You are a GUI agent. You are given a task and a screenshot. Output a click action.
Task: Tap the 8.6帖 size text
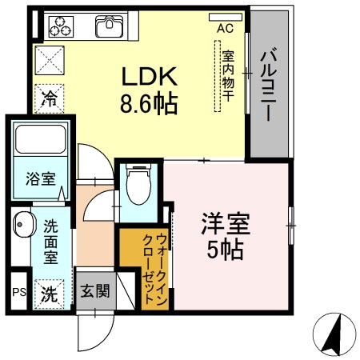[x=149, y=103]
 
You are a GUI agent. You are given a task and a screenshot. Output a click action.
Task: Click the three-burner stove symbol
[x=59, y=27]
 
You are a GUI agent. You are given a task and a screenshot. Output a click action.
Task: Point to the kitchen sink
[x=108, y=27]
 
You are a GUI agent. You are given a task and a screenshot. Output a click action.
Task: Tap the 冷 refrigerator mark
[x=50, y=101]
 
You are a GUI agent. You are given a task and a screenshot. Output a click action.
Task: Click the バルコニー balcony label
[x=270, y=83]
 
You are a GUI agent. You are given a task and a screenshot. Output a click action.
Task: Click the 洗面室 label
[x=50, y=242]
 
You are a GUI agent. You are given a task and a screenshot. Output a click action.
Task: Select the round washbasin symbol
[x=22, y=225]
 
